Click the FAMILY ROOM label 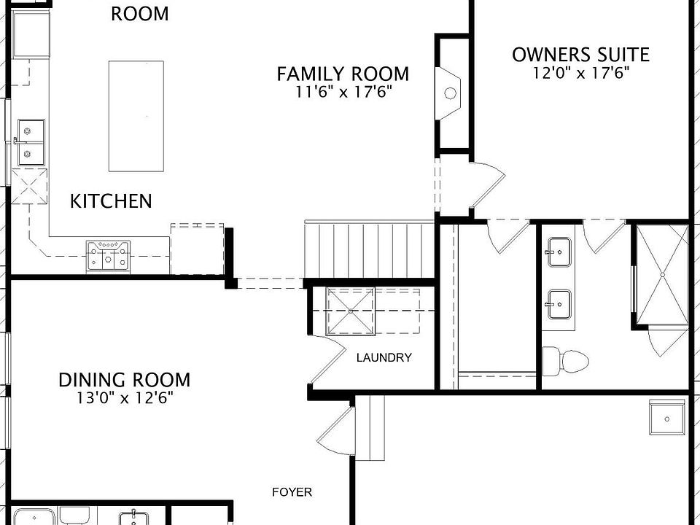pyautogui.click(x=343, y=74)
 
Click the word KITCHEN pyautogui.click(x=111, y=201)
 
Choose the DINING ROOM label pyautogui.click(x=124, y=380)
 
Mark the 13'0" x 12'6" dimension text pyautogui.click(x=124, y=398)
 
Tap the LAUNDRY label pyautogui.click(x=384, y=358)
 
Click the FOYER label pyautogui.click(x=292, y=492)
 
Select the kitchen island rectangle pyautogui.click(x=136, y=116)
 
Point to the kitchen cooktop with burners pyautogui.click(x=108, y=255)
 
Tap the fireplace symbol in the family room pyautogui.click(x=450, y=92)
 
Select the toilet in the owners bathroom pyautogui.click(x=565, y=360)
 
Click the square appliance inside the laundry pyautogui.click(x=351, y=310)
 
